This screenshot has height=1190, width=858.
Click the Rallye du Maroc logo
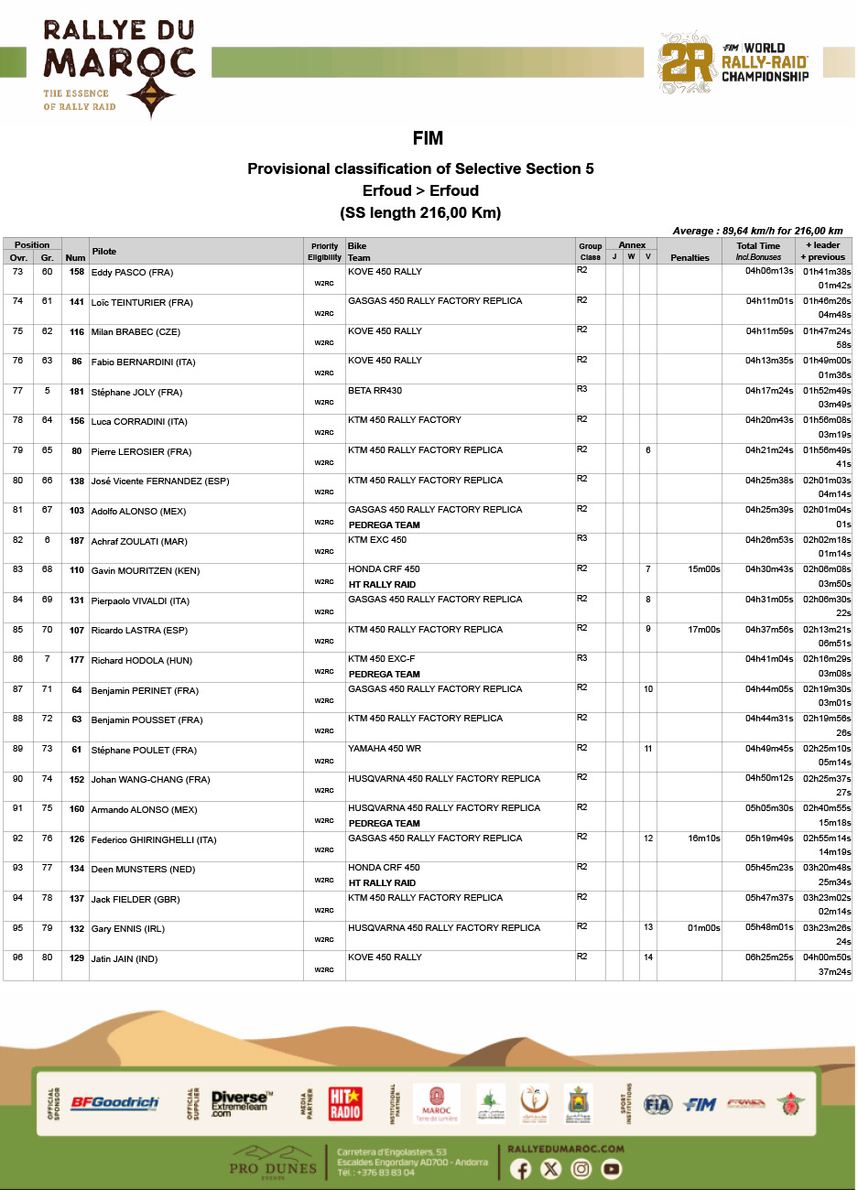coord(118,69)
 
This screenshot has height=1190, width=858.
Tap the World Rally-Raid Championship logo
coord(733,63)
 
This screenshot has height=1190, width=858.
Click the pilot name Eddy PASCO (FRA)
coord(132,273)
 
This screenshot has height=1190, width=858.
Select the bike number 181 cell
coord(76,392)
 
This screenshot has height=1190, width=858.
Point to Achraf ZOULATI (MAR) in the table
coord(139,542)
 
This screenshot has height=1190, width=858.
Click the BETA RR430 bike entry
coord(375,391)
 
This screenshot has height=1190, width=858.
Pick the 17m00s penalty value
coord(703,630)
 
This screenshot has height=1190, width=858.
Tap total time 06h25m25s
coord(769,957)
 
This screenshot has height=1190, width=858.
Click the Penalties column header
coord(690,257)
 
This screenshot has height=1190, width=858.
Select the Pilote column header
coord(104,251)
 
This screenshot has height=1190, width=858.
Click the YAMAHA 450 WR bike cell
coord(385,749)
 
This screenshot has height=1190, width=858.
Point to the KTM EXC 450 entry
coord(377,540)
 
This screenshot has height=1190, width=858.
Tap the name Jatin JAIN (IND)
coord(125,959)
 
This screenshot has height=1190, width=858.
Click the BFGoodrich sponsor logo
coord(114,1104)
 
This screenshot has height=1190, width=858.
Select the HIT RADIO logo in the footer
coord(345,1104)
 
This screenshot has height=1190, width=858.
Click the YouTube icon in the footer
coord(611,1169)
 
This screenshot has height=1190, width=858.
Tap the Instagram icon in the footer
coord(581,1169)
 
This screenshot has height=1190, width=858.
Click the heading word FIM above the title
coord(428,138)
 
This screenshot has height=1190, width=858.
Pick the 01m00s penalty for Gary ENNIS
coord(703,928)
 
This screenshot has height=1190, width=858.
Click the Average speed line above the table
coord(757,231)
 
